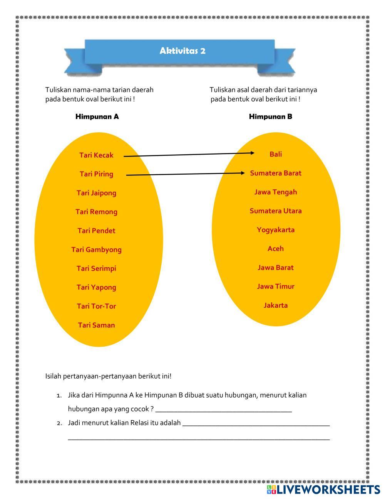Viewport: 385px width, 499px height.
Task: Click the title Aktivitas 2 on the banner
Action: click(x=182, y=51)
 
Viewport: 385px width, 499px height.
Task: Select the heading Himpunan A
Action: click(x=97, y=116)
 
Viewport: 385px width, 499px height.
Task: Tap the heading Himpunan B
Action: click(x=270, y=116)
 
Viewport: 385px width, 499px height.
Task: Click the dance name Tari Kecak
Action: click(x=96, y=155)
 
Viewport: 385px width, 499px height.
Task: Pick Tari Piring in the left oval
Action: click(x=96, y=174)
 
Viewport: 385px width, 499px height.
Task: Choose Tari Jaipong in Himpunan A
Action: click(x=96, y=193)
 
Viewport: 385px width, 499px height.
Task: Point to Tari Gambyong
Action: click(x=96, y=249)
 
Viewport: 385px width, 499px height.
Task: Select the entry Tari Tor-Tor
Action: click(x=96, y=306)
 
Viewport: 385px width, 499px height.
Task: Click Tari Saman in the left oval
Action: click(x=96, y=325)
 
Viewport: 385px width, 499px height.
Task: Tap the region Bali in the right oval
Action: click(x=276, y=154)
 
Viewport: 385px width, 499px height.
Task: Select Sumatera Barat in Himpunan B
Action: click(x=276, y=173)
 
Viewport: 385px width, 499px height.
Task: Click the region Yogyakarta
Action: click(x=276, y=230)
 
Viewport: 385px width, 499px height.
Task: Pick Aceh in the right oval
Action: click(x=276, y=249)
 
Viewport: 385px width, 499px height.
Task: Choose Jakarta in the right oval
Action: click(x=276, y=305)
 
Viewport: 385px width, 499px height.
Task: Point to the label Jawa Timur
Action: click(x=276, y=287)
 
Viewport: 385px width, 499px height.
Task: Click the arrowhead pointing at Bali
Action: click(x=252, y=153)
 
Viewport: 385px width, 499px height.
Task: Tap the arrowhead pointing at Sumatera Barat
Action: click(x=243, y=173)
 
